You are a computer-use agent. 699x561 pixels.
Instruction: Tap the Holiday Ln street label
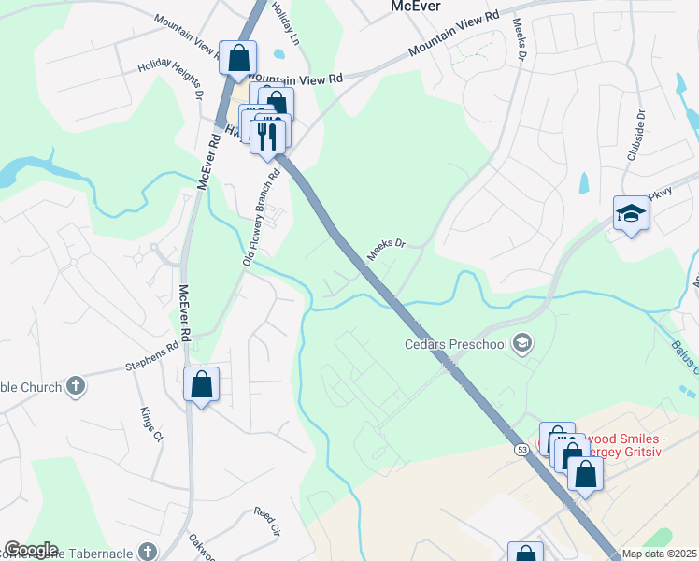[x=284, y=22]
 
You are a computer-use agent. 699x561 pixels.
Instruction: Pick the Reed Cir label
[x=267, y=522]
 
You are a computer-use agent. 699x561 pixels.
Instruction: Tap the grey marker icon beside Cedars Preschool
[x=522, y=344]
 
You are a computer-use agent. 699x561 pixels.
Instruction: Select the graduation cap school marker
[x=631, y=214]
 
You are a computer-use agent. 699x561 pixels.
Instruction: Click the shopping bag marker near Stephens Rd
[x=201, y=383]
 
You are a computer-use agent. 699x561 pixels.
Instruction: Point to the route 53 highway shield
[x=521, y=450]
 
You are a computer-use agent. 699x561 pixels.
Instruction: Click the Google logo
[x=30, y=550]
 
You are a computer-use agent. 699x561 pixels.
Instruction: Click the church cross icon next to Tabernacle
[x=148, y=552]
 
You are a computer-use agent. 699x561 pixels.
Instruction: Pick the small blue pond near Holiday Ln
[x=279, y=52]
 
